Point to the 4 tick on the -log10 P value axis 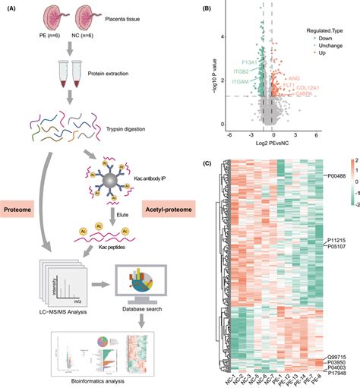(223, 36)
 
